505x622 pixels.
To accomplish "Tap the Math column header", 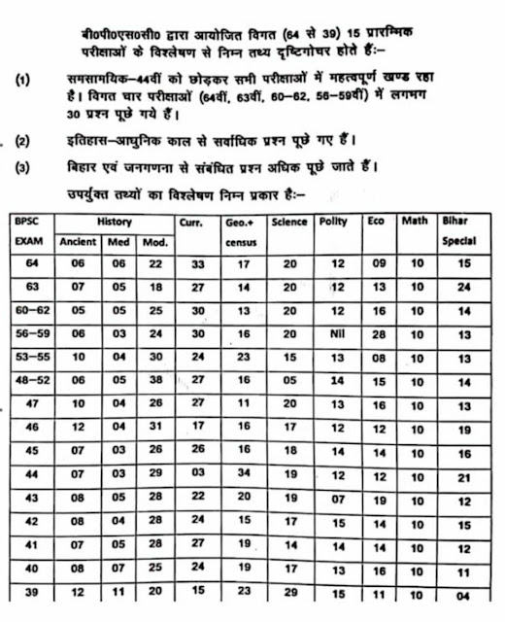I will coord(415,222).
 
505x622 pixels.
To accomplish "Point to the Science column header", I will coord(289,222).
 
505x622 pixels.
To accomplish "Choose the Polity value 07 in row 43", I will coord(338,499).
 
